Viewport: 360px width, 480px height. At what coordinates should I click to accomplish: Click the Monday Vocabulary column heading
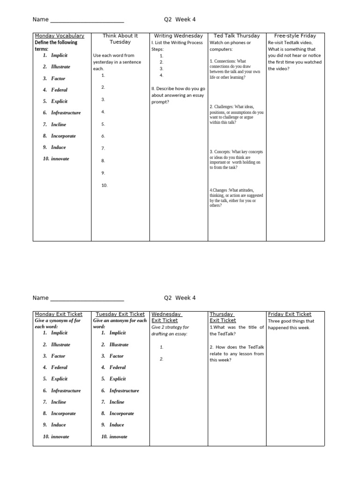pyautogui.click(x=60, y=36)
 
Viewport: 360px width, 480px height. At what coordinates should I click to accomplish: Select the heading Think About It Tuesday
pyautogui.click(x=120, y=39)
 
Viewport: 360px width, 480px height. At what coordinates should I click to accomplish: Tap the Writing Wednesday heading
pyautogui.click(x=178, y=36)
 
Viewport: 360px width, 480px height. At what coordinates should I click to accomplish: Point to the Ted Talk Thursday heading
pyautogui.click(x=237, y=36)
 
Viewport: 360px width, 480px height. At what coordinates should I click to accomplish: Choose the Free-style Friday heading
pyautogui.click(x=295, y=36)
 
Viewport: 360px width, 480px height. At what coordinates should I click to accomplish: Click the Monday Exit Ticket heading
pyautogui.click(x=59, y=314)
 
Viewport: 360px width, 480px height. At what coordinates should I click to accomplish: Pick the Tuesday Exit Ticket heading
pyautogui.click(x=120, y=314)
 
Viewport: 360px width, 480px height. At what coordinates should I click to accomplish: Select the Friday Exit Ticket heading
pyautogui.click(x=289, y=314)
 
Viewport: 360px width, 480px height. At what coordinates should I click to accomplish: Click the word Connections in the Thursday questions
pyautogui.click(x=223, y=61)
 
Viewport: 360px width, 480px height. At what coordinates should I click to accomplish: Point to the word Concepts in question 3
pyautogui.click(x=223, y=152)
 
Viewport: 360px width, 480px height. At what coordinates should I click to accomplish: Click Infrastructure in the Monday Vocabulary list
pyautogui.click(x=66, y=113)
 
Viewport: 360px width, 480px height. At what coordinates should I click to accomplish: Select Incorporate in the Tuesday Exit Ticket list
pyautogui.click(x=121, y=413)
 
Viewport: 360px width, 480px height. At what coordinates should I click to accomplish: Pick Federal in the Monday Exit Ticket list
pyautogui.click(x=59, y=367)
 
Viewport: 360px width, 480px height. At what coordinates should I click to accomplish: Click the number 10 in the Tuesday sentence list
pyautogui.click(x=104, y=185)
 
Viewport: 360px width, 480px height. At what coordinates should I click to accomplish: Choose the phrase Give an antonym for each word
pyautogui.click(x=120, y=323)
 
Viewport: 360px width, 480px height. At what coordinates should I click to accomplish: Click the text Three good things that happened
pyautogui.click(x=291, y=324)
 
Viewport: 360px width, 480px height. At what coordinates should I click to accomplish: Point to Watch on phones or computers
pyautogui.click(x=230, y=45)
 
